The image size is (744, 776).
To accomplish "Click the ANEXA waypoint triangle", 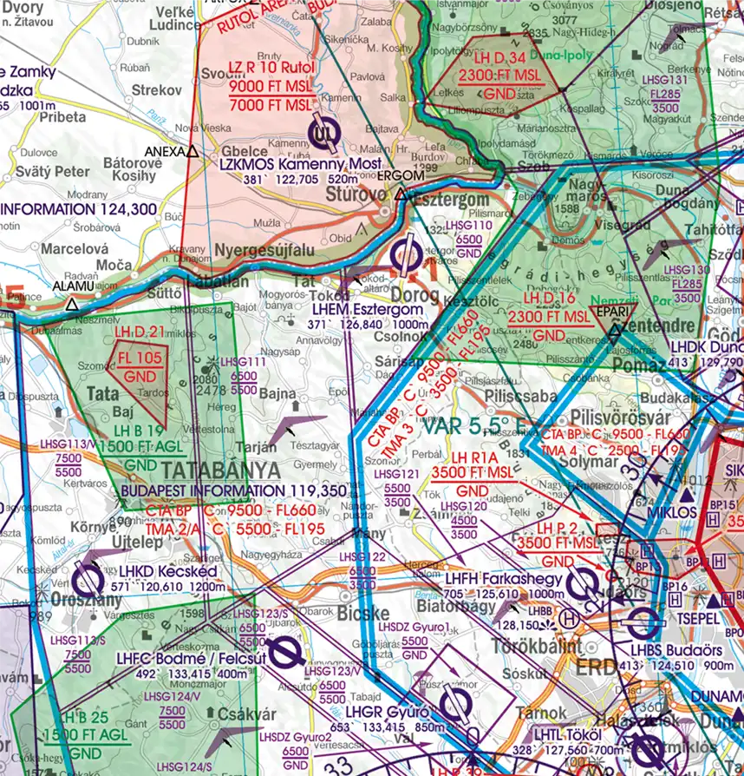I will [x=192, y=151].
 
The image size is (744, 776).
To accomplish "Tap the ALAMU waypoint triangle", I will [x=71, y=305].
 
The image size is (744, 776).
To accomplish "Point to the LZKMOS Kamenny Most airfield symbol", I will [x=323, y=133].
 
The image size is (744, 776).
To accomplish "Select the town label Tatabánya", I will [x=221, y=470].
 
